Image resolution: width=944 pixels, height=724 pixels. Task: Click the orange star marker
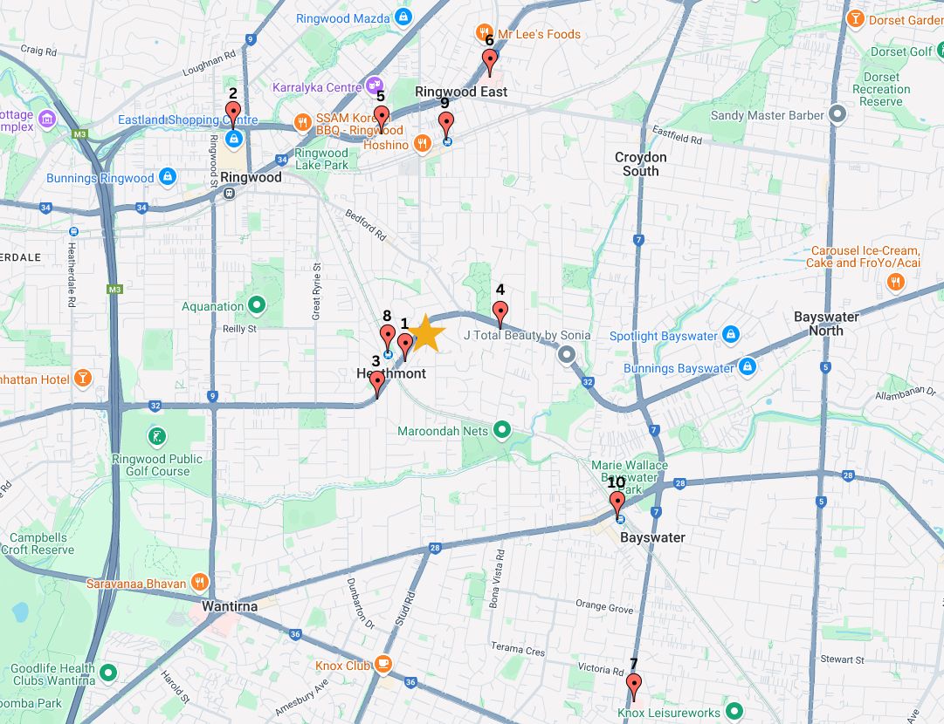tap(427, 332)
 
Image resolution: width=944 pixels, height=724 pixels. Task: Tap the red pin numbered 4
tap(500, 311)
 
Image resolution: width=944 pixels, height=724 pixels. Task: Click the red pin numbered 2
tap(233, 113)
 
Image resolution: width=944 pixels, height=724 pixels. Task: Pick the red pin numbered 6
tap(490, 61)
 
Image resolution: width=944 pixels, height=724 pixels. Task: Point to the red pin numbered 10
tap(617, 503)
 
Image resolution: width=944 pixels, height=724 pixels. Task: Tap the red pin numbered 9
tap(446, 124)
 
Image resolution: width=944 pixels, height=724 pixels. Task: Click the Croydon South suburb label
tap(640, 164)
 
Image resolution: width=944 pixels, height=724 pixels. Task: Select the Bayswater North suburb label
tap(826, 324)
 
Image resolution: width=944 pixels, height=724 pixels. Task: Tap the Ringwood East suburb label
tap(460, 92)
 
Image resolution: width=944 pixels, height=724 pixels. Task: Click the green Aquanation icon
tap(257, 306)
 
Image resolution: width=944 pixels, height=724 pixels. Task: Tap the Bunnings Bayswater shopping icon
tap(747, 368)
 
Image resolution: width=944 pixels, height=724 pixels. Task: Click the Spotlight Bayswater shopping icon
tap(732, 336)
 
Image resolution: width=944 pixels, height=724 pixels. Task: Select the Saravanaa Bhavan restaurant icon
tap(200, 583)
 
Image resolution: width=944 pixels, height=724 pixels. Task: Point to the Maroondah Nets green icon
tap(502, 430)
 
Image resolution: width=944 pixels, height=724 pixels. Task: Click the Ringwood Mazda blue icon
tap(402, 18)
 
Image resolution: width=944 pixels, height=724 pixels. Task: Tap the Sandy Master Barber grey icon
tap(838, 115)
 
